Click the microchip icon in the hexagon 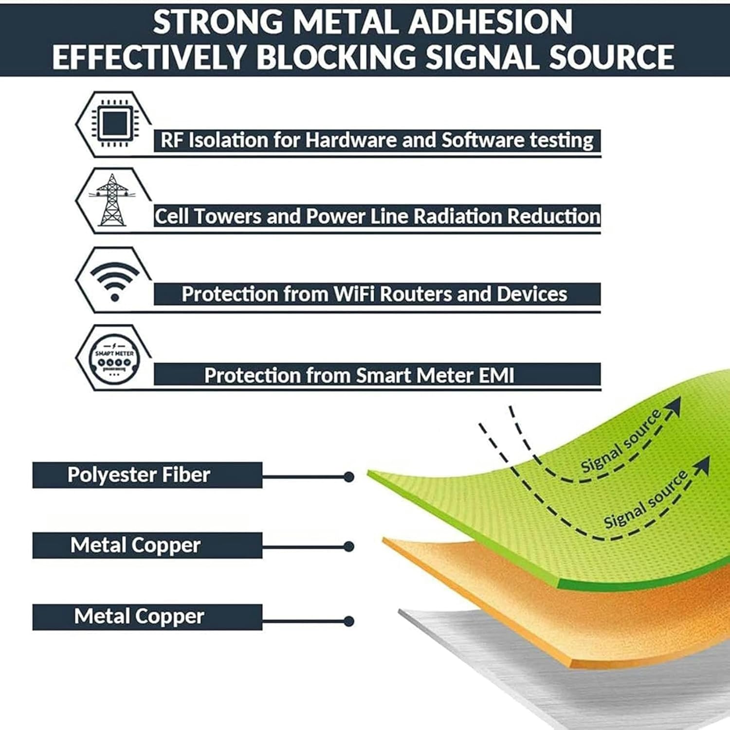point(114,123)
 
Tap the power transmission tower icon point(112,200)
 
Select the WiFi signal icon point(115,281)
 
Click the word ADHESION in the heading point(491,22)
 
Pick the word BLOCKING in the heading point(336,57)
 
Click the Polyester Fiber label point(139,475)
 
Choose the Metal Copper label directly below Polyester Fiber point(135,545)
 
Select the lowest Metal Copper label point(139,617)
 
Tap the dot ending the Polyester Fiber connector point(348,477)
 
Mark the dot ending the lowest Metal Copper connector point(348,621)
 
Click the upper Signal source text point(621,441)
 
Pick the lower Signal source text point(645,499)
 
